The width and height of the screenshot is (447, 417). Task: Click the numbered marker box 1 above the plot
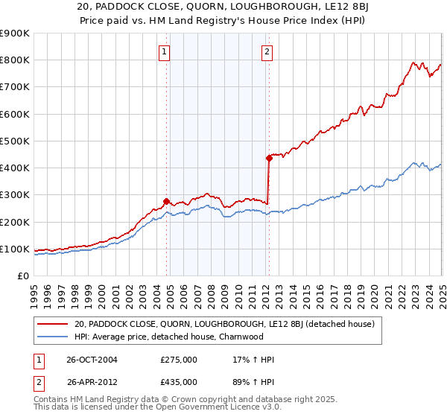pyautogui.click(x=163, y=51)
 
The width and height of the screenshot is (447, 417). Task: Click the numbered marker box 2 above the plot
pyautogui.click(x=267, y=51)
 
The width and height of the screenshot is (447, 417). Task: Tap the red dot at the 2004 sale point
pyautogui.click(x=166, y=201)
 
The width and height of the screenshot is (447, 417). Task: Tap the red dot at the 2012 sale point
pyautogui.click(x=268, y=158)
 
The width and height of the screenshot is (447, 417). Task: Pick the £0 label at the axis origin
pyautogui.click(x=24, y=276)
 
